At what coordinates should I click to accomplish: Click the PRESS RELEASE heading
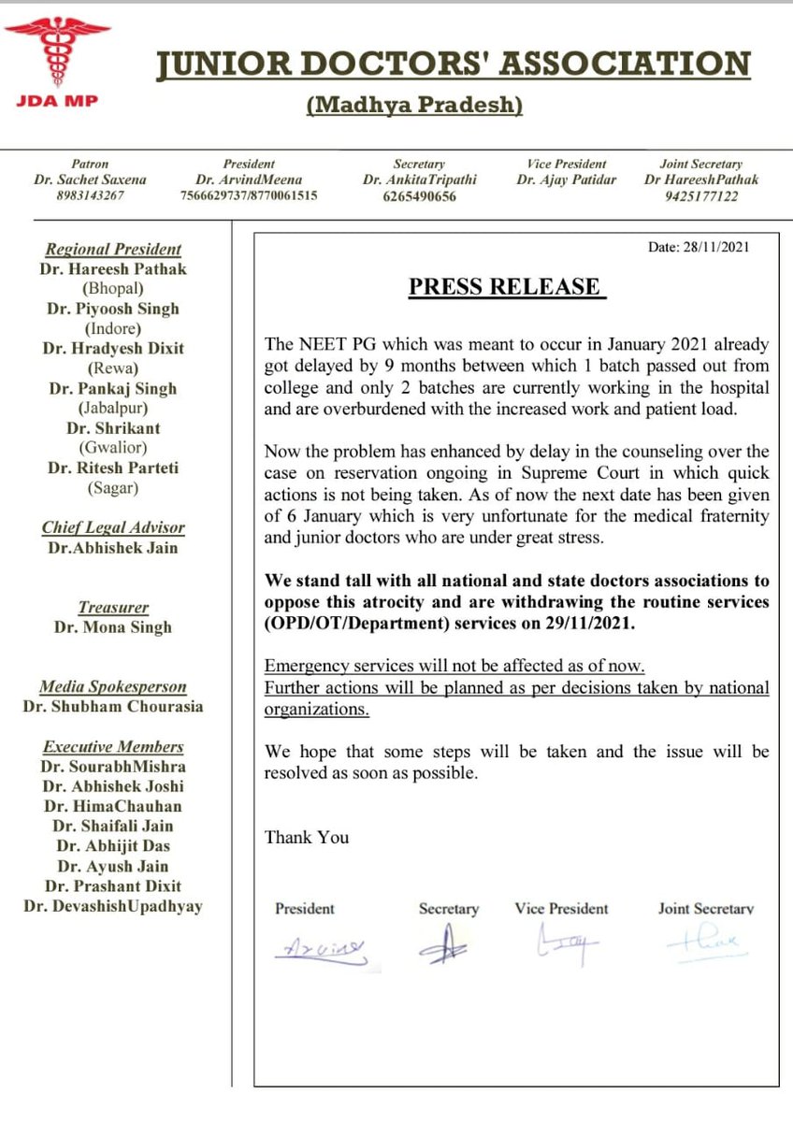(x=507, y=286)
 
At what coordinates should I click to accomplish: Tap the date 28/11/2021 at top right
(x=699, y=248)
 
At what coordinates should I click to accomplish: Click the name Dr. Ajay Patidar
(x=566, y=180)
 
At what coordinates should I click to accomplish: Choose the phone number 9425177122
(x=701, y=196)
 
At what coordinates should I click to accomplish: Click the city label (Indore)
(x=112, y=328)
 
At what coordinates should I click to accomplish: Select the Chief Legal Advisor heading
(x=112, y=528)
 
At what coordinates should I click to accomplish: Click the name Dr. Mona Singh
(x=112, y=627)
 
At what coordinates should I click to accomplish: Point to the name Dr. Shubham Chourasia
(x=112, y=707)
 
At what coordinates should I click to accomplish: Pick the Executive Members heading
(x=112, y=746)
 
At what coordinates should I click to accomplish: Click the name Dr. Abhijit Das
(x=112, y=845)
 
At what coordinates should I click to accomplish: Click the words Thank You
(x=307, y=837)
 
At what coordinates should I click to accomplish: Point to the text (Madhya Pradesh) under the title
(x=413, y=106)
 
